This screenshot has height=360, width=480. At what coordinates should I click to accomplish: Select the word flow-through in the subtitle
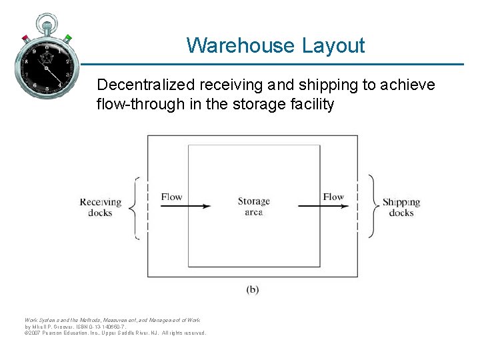point(137,105)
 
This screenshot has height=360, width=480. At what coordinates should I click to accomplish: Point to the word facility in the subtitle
point(311,105)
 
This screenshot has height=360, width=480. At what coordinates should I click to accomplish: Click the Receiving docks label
point(101,207)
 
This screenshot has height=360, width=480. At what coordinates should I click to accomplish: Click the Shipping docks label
point(401,207)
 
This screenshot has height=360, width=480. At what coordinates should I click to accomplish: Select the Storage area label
point(253,206)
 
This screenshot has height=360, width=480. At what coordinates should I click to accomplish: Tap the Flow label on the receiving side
point(171,197)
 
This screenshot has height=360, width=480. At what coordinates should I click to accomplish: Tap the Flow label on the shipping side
point(333,197)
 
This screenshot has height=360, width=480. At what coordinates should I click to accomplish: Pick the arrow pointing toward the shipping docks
point(323,207)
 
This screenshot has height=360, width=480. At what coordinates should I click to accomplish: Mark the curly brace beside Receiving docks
point(132,207)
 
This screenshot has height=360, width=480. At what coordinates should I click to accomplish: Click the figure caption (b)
point(253,289)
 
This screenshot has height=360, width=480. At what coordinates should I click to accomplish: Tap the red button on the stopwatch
point(25,37)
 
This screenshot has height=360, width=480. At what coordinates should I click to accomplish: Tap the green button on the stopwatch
point(69,38)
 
